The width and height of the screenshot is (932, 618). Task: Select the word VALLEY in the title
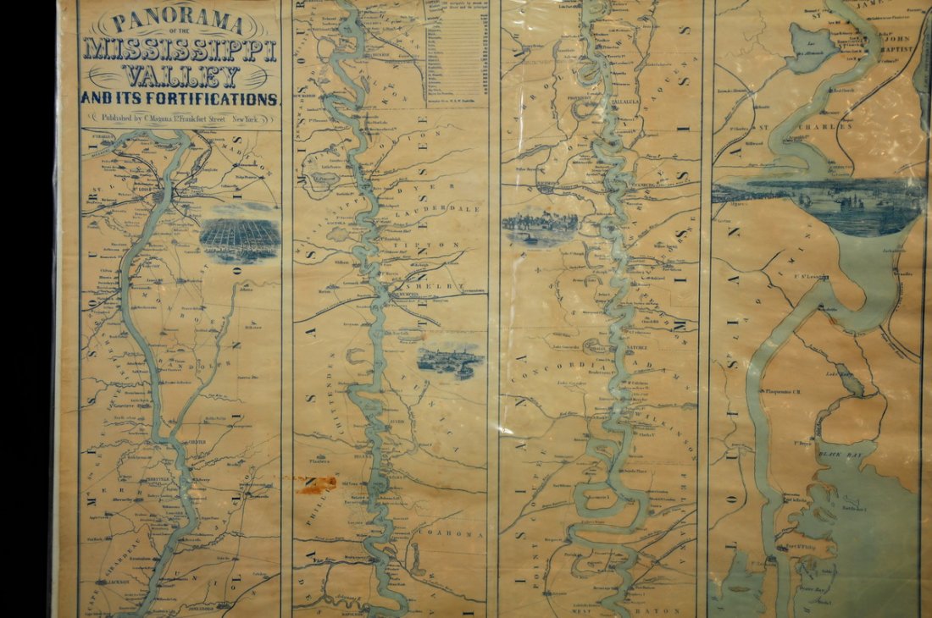(x=180, y=75)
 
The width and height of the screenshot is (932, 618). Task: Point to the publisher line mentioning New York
(x=180, y=119)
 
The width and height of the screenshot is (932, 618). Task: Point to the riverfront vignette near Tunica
(x=450, y=359)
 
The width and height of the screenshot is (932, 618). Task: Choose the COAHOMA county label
(x=456, y=534)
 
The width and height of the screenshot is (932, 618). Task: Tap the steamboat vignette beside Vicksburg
(x=540, y=227)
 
